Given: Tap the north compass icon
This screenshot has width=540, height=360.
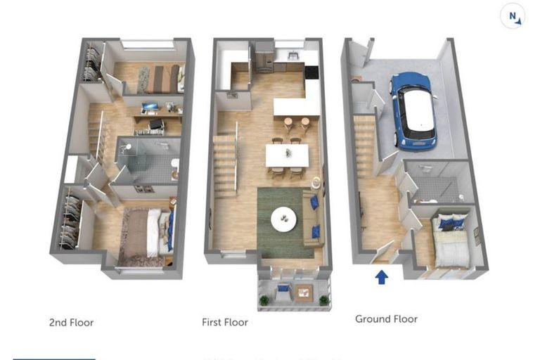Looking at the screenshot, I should (x=513, y=16).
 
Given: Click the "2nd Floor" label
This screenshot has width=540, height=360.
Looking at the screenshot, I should (x=71, y=323).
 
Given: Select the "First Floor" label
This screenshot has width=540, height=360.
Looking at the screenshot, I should (x=225, y=323).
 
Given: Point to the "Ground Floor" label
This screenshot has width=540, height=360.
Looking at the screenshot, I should (x=386, y=319).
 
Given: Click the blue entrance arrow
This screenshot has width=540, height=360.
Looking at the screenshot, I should (x=381, y=276).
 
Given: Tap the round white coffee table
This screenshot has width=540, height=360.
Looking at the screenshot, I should (x=284, y=219).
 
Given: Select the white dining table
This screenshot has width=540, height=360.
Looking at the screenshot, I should (x=287, y=155).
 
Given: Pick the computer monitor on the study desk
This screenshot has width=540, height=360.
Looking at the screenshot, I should (x=150, y=108).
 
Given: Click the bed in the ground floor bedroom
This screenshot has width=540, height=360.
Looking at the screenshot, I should (x=450, y=243).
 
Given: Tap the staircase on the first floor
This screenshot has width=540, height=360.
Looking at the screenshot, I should (x=225, y=165).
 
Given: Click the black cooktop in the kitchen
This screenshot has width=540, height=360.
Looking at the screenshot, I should (x=311, y=71).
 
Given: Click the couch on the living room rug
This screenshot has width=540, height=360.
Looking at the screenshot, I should (x=314, y=218).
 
